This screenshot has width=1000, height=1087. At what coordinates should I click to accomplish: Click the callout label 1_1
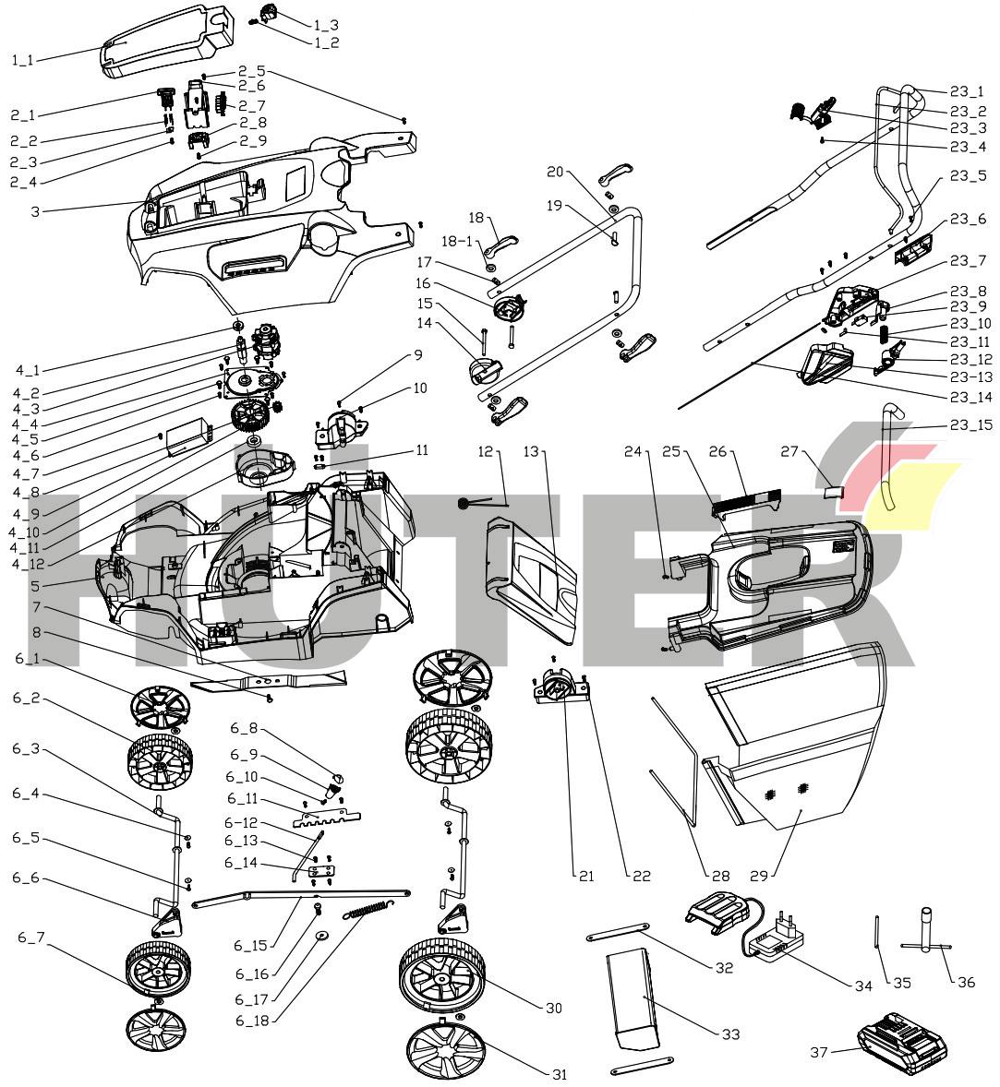pyautogui.click(x=22, y=60)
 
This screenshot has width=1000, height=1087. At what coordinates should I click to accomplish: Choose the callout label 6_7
pyautogui.click(x=30, y=938)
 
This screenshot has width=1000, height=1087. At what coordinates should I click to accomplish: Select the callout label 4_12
pyautogui.click(x=29, y=563)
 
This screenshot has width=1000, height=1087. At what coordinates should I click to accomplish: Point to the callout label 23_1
pyautogui.click(x=967, y=91)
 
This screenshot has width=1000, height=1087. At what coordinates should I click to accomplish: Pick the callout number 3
pyautogui.click(x=35, y=211)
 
